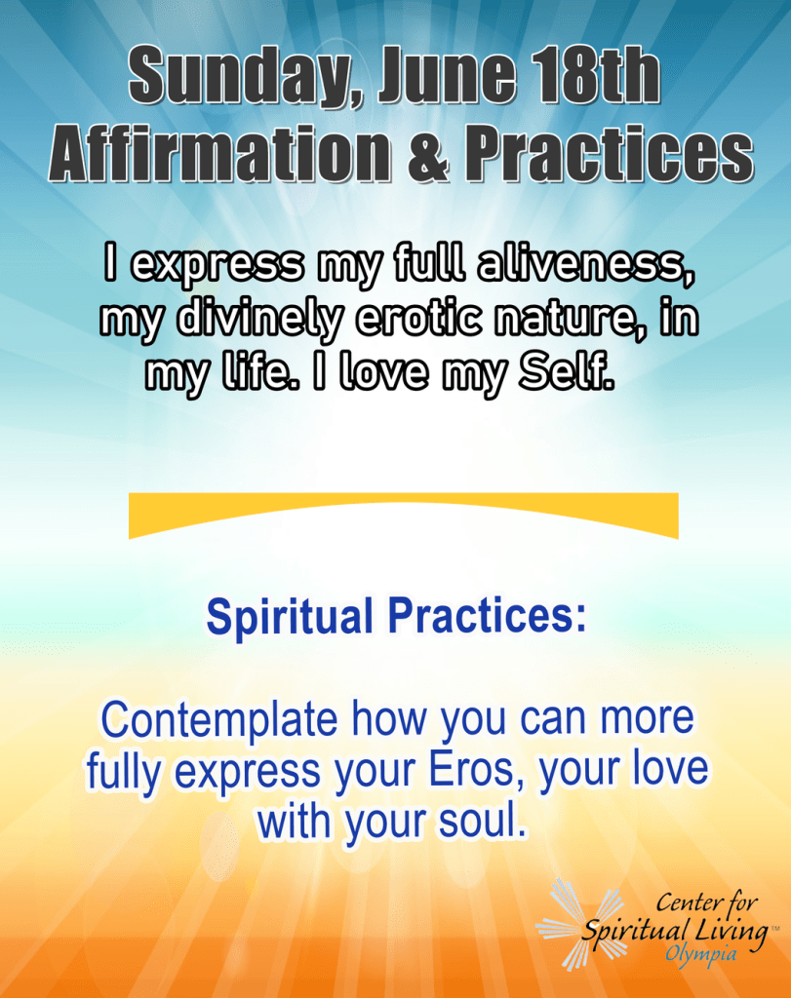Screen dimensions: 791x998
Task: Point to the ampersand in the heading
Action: tap(429, 154)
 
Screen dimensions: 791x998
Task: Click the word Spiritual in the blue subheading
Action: tap(290, 617)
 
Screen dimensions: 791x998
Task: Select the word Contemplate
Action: tap(219, 720)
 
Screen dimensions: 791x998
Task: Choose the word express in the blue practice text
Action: tap(247, 773)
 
